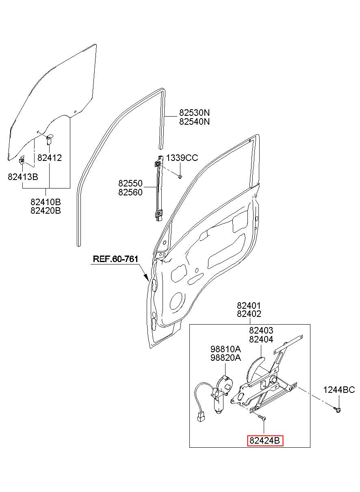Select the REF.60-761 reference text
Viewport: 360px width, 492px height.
(x=115, y=259)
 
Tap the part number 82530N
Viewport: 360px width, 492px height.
(x=194, y=113)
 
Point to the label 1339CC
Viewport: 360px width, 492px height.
(x=182, y=158)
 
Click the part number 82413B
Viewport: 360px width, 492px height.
(x=23, y=177)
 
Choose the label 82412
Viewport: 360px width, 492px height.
(x=50, y=158)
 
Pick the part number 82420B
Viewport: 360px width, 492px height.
(x=46, y=210)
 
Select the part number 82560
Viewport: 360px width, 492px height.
(x=130, y=192)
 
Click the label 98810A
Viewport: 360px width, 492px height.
(x=226, y=349)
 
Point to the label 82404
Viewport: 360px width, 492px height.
(x=261, y=339)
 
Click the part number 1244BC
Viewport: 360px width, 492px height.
(x=339, y=390)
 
